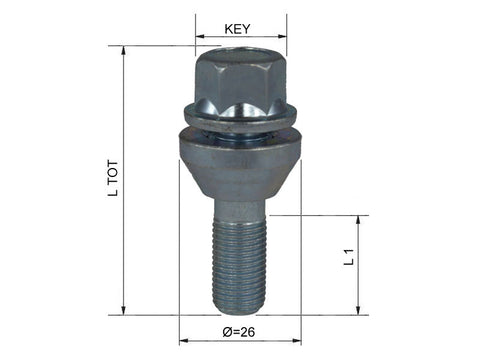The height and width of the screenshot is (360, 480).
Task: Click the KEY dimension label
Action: point(237,29)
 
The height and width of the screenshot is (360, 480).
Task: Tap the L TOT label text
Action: point(113,178)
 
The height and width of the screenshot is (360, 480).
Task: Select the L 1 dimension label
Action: point(349,257)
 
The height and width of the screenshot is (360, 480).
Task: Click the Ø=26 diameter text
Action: point(239,332)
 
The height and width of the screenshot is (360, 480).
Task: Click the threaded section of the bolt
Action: point(239,265)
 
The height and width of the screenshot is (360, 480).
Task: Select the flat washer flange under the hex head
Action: point(240,118)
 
